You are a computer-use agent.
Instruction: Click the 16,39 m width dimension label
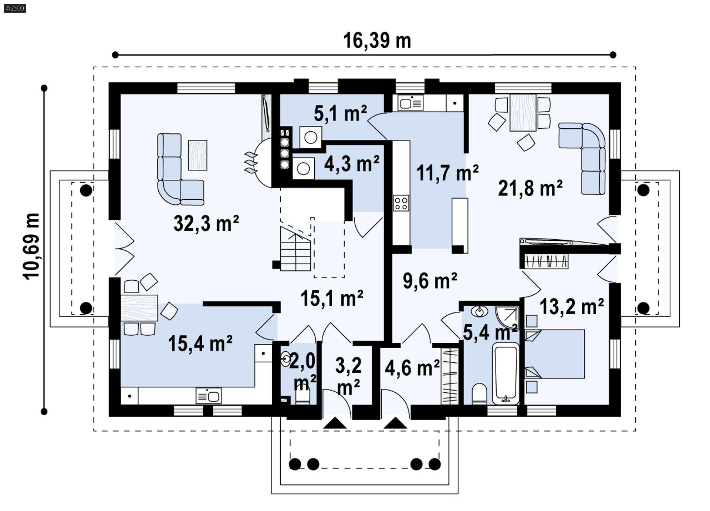coord(377,40)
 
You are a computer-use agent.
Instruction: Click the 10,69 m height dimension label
coord(31,246)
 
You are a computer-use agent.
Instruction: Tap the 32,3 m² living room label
coord(206,223)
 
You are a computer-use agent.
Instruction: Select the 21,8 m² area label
coord(530,188)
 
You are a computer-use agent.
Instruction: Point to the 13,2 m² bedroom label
coord(572,307)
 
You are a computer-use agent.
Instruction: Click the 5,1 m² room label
coord(340,113)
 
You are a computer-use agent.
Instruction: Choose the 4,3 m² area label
coord(352,163)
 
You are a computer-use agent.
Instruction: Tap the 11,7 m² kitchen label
coord(447,173)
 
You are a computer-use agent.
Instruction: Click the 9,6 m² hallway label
coord(430,281)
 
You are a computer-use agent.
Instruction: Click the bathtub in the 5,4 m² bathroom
coord(506,373)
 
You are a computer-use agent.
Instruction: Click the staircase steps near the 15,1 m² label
coord(295,248)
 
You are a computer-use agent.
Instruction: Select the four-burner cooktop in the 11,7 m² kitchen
coord(401,203)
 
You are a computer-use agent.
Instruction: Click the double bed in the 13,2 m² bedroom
coord(555,354)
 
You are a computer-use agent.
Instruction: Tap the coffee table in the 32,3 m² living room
coord(197,155)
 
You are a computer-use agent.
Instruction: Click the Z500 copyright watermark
coord(15,8)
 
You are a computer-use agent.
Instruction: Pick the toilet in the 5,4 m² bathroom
coord(480,394)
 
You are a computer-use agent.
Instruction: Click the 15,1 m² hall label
coord(332,298)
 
